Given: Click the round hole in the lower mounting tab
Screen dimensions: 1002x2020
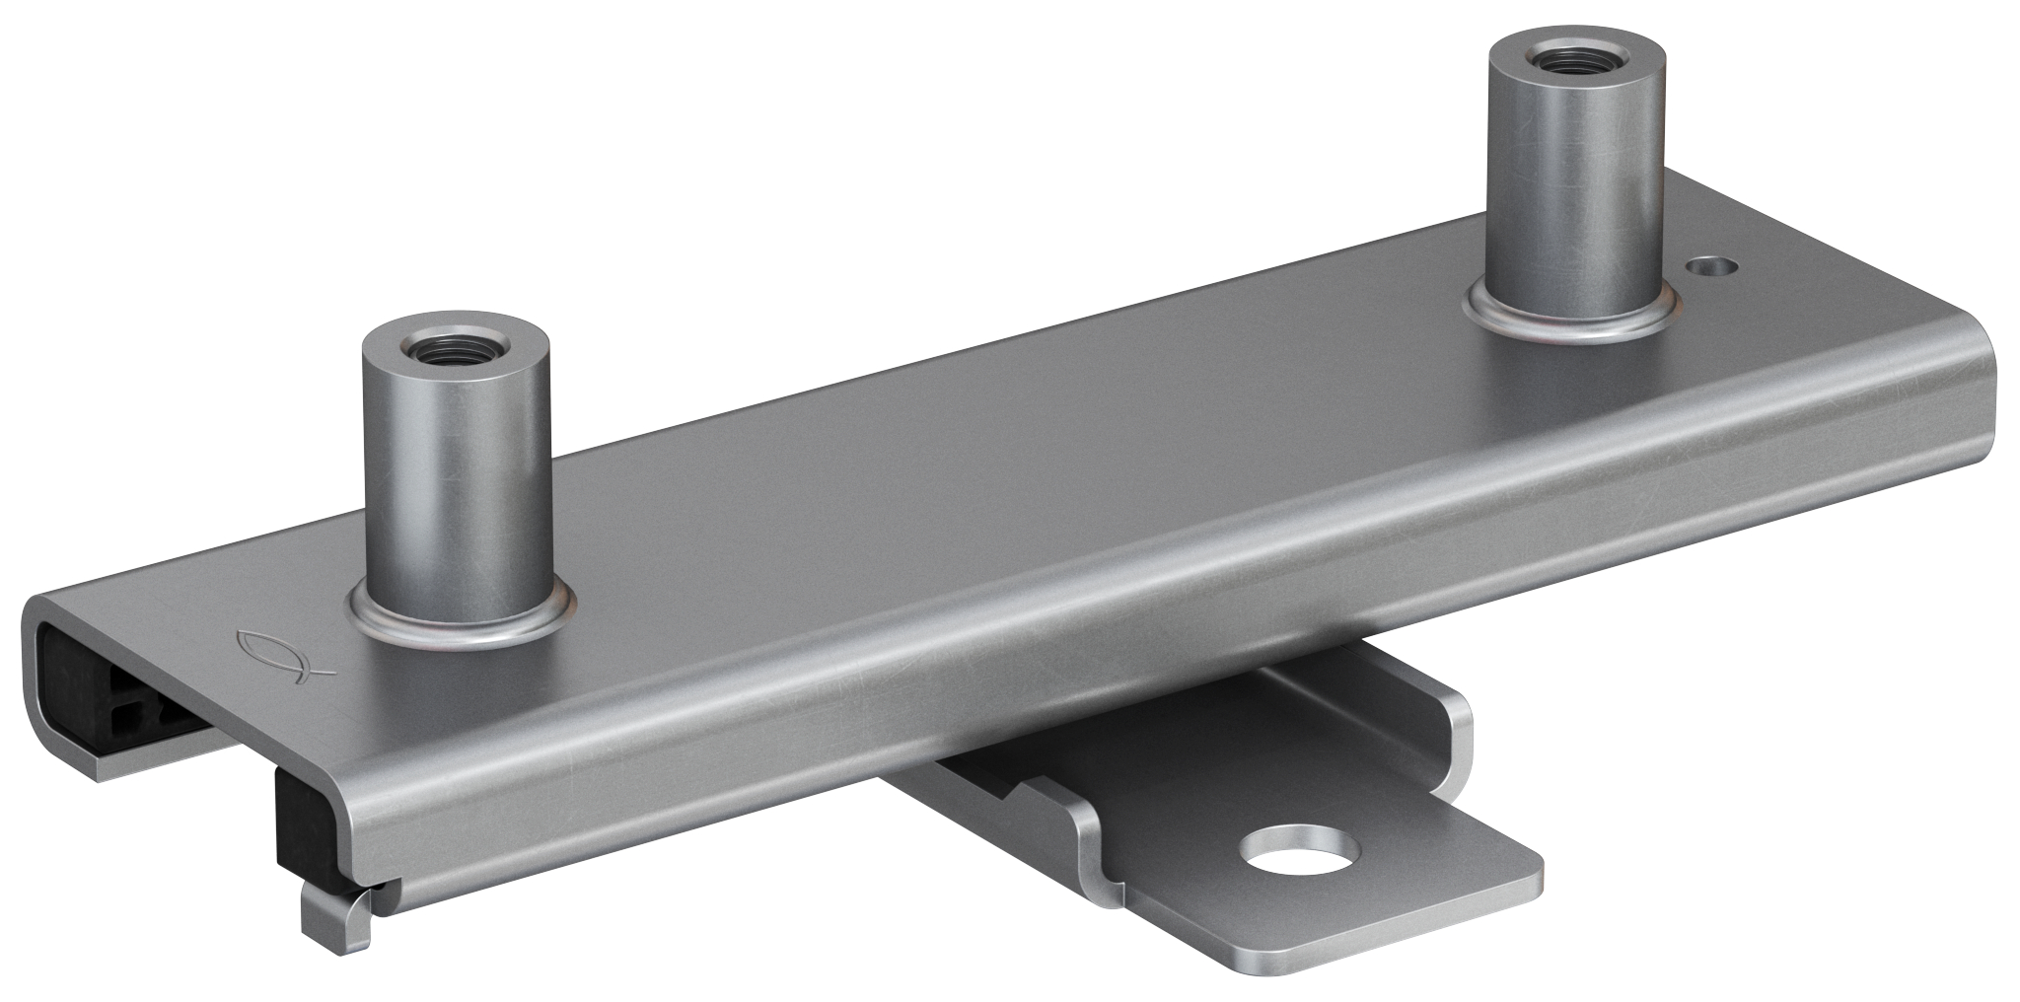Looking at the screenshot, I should click(x=1299, y=845).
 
